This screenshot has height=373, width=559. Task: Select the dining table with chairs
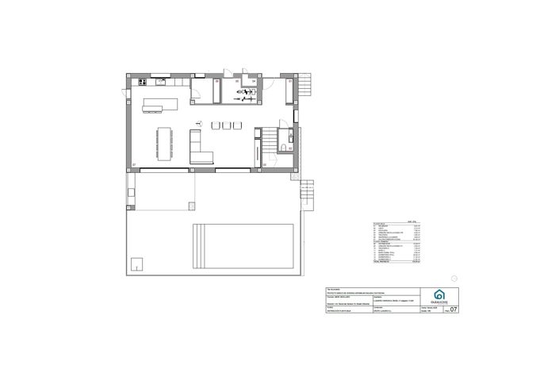tap(165, 142)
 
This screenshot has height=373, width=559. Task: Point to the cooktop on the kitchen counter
tap(143, 81)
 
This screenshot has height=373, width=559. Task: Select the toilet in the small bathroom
tap(283, 148)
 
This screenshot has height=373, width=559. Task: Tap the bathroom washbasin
tap(290, 134)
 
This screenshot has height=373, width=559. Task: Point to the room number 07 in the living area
tap(134, 165)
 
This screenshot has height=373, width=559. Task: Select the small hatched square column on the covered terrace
tap(191, 206)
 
